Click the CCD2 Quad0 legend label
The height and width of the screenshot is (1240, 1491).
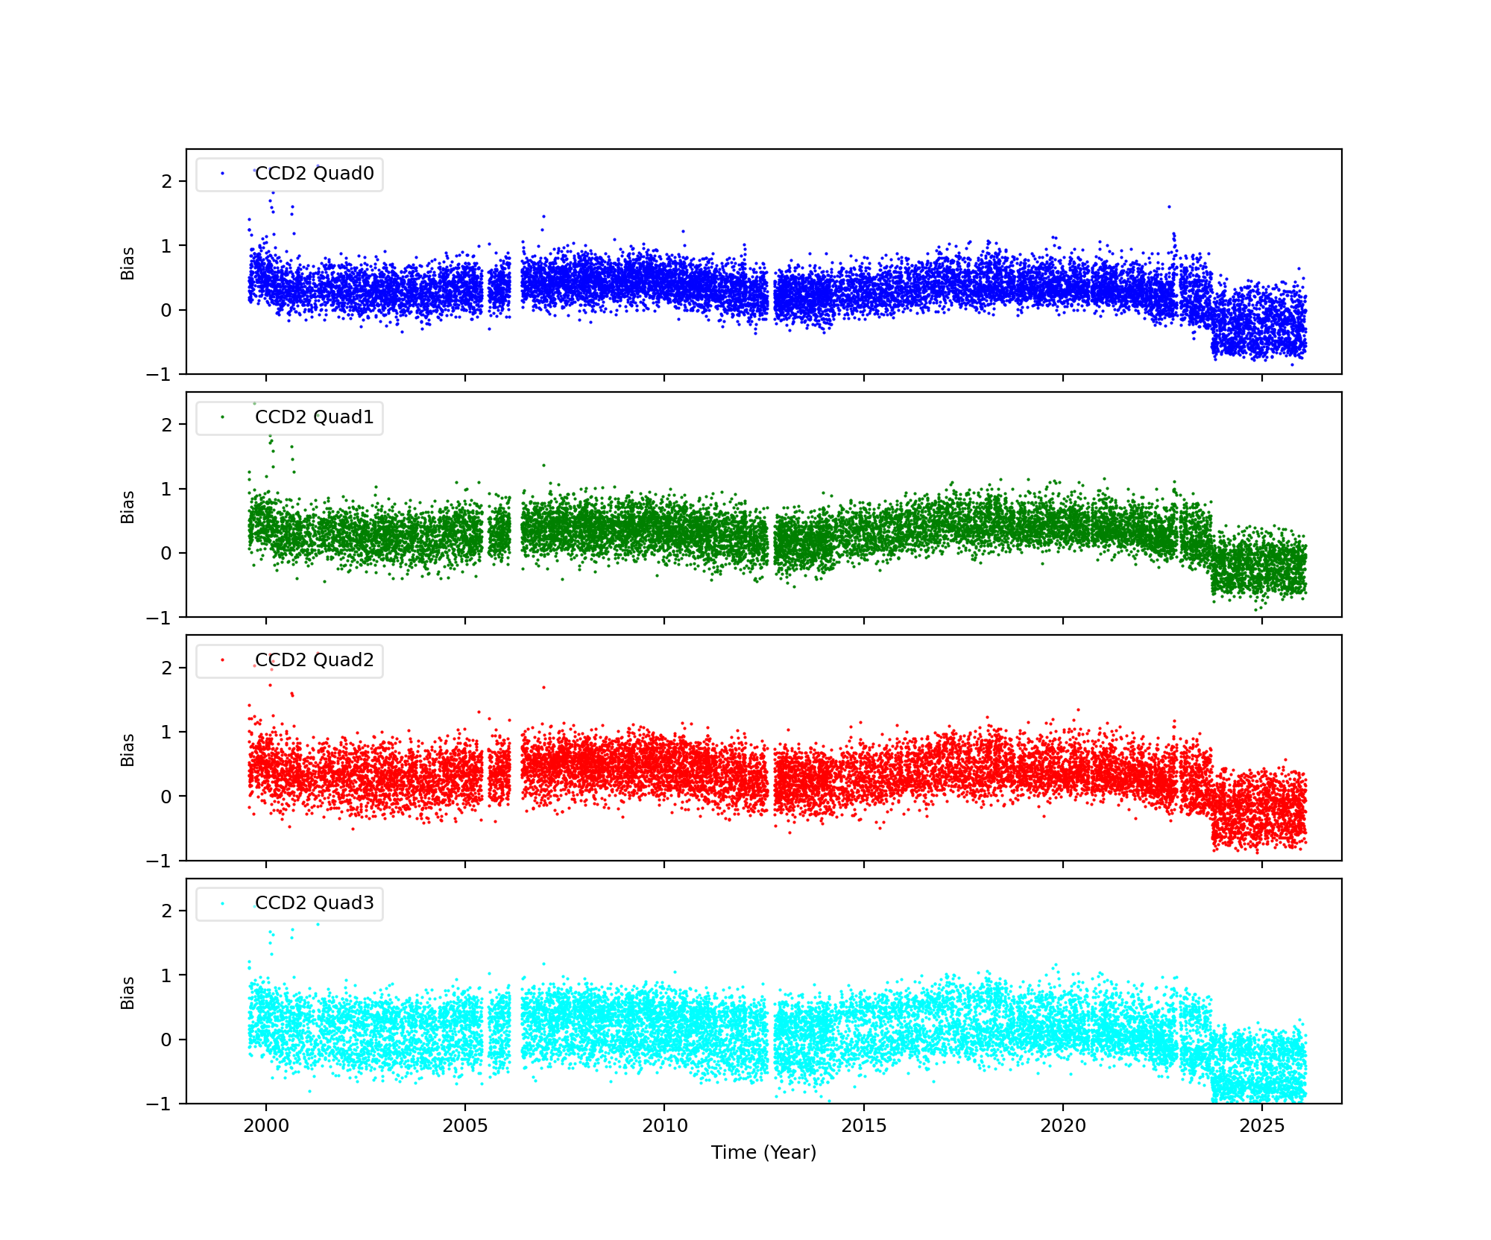(x=314, y=174)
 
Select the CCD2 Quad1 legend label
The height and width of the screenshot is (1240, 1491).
(x=314, y=417)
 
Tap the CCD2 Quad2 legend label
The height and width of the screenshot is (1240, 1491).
(x=314, y=660)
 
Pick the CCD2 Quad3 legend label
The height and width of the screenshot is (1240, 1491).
(x=314, y=903)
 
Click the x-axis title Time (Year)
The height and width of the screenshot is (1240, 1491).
(x=763, y=1153)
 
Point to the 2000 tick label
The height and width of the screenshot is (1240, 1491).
(x=266, y=1126)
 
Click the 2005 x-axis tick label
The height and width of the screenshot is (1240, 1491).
(x=465, y=1126)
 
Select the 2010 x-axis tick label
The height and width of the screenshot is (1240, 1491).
(x=664, y=1126)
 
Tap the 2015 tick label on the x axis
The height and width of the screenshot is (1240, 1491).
(x=864, y=1126)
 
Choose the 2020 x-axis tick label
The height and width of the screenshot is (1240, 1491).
(x=1063, y=1126)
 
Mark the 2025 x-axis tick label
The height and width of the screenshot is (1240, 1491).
(x=1262, y=1126)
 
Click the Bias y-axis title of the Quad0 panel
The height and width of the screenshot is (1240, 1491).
(x=128, y=263)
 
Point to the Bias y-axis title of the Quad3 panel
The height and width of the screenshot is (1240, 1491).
(x=128, y=993)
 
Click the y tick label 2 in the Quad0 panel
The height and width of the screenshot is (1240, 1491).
(x=166, y=182)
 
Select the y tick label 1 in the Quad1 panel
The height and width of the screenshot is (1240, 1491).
(x=166, y=490)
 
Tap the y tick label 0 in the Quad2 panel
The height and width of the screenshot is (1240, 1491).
(x=166, y=797)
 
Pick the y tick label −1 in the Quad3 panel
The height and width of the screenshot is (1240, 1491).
(x=159, y=1104)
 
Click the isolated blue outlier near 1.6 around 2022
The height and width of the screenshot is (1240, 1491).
(x=1169, y=206)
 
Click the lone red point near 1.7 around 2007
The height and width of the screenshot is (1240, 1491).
(x=543, y=687)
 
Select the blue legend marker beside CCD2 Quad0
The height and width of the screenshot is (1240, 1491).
(x=222, y=174)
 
